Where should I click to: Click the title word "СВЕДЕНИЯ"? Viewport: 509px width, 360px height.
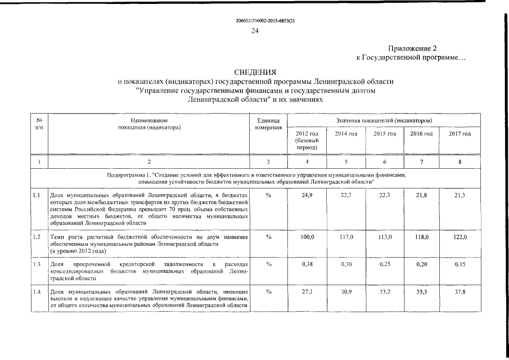click(x=255, y=73)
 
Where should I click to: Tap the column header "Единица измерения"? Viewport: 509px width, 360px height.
click(x=268, y=124)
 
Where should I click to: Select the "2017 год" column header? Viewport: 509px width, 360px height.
click(x=460, y=133)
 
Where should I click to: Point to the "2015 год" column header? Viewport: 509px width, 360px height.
click(x=385, y=133)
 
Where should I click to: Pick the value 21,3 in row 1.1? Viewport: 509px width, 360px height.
click(x=460, y=195)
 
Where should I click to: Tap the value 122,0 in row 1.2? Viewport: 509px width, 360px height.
click(x=460, y=238)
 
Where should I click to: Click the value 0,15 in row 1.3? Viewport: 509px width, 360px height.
click(x=460, y=264)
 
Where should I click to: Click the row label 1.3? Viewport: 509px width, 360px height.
click(x=37, y=264)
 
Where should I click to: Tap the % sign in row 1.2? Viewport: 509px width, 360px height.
click(x=268, y=238)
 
